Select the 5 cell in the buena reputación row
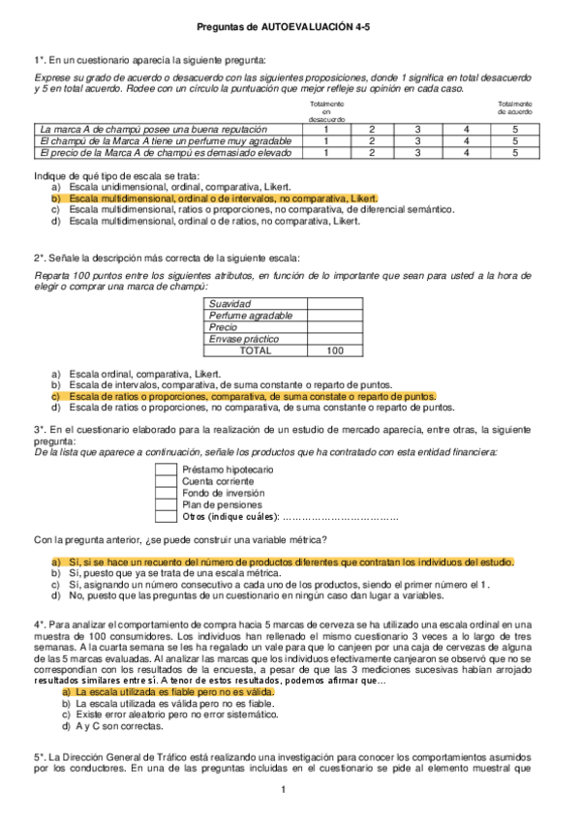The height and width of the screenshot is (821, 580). [515, 128]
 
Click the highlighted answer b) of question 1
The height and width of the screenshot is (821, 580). [223, 197]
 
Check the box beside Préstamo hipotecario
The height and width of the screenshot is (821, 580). [164, 470]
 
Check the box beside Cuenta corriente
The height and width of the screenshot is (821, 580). [164, 481]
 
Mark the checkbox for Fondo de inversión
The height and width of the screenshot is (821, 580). [164, 493]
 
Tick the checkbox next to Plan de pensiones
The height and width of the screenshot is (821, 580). [164, 504]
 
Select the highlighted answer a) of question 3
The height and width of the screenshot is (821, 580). [290, 562]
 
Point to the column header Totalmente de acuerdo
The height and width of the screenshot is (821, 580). [515, 107]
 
